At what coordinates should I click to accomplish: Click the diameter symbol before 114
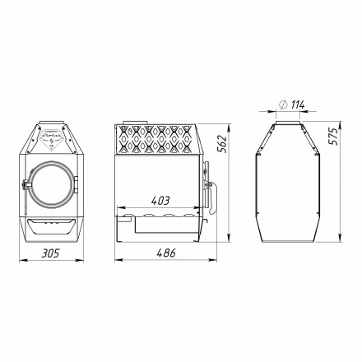(282, 104)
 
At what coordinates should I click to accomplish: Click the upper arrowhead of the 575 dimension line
(322, 123)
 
